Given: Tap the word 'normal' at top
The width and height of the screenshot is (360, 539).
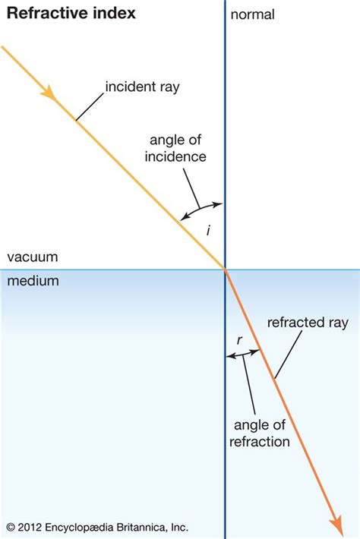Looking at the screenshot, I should tap(252, 14).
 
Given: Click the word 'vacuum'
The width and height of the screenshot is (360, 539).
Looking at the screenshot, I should tap(32, 257).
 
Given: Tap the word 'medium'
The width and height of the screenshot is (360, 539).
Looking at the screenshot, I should tap(33, 281).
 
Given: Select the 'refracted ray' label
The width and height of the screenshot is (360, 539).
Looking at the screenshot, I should tap(308, 323).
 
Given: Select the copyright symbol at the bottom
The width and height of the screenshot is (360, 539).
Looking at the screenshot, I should tap(11, 526).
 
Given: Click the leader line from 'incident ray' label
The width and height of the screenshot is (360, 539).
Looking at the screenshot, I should tap(90, 106).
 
